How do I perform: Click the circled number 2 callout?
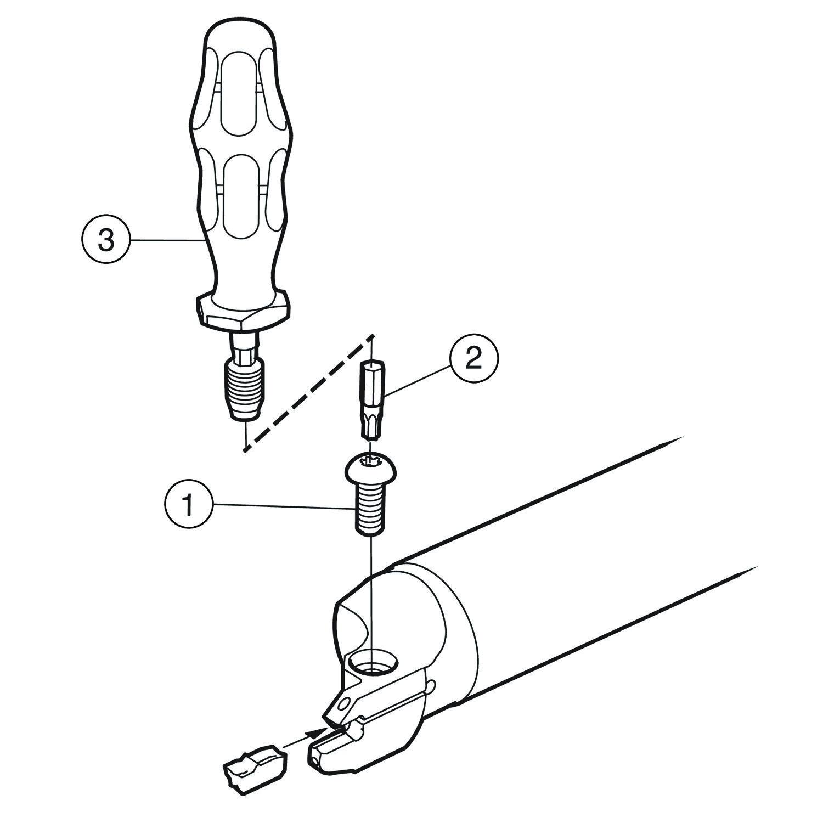[474, 359]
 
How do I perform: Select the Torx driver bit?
[371, 399]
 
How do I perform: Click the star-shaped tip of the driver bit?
[373, 426]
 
